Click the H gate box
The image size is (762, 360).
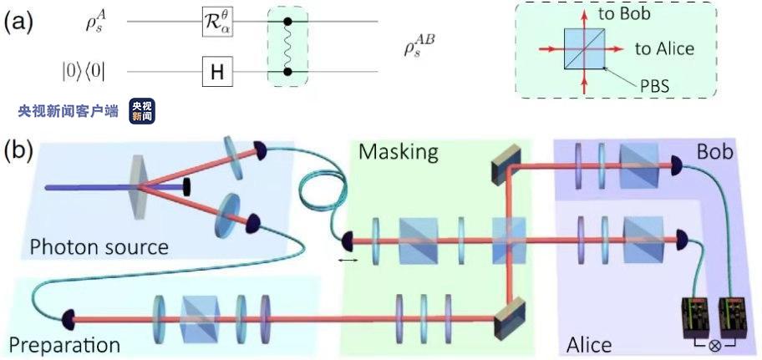216,74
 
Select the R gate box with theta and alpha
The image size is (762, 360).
216,19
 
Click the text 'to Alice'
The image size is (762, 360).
664,48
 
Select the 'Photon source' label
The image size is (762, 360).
99,247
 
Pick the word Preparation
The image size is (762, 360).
64,344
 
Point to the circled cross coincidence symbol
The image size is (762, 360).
716,344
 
